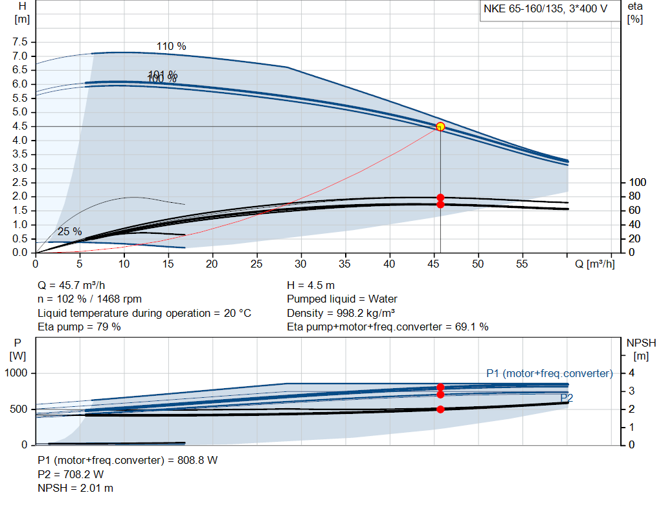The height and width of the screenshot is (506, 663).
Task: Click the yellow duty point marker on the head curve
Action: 440,126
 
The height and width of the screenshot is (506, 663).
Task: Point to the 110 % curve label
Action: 171,46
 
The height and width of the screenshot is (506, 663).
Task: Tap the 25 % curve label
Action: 69,231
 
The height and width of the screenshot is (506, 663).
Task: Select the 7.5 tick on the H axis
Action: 19,41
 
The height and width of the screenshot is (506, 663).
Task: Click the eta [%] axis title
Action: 635,12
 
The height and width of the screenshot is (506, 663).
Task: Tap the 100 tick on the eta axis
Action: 638,182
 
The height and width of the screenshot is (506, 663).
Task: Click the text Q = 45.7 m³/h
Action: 71,285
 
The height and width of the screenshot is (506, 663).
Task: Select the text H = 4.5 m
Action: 310,285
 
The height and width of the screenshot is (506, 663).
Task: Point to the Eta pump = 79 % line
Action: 79,327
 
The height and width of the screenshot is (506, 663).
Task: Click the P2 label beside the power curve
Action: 567,398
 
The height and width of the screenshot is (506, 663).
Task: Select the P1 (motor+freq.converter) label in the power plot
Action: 549,373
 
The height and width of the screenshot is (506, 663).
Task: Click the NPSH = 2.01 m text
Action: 75,488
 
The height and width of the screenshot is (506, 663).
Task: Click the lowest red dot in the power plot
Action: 440,409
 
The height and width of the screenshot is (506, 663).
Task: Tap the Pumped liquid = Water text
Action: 342,299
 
